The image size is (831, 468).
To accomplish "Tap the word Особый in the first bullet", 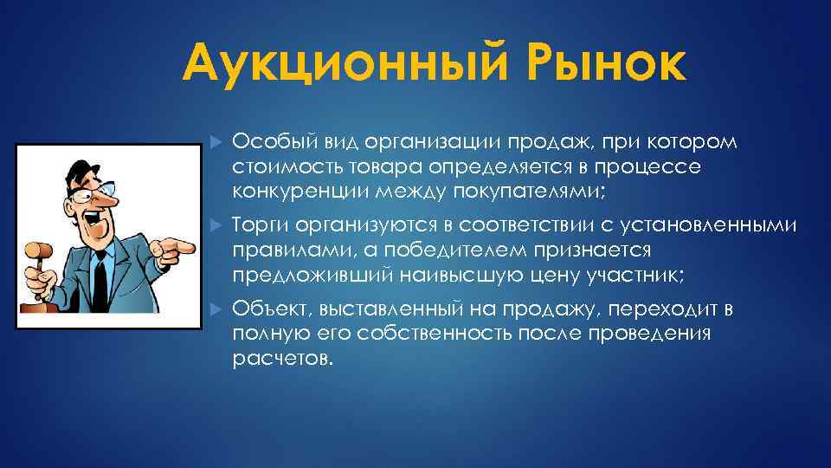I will tap(265, 142).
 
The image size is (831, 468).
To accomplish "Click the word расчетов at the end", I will tap(281, 359).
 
